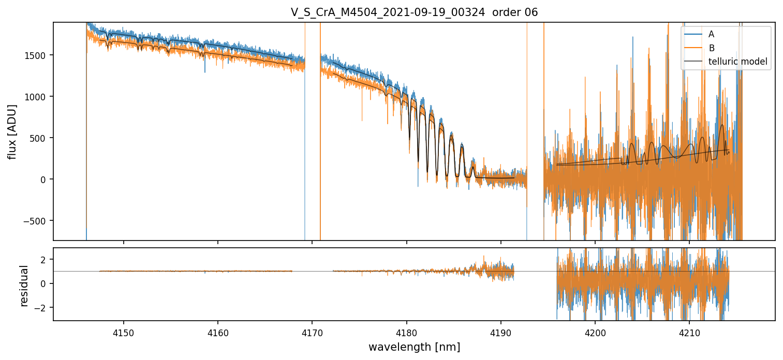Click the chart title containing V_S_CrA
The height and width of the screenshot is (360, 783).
click(414, 12)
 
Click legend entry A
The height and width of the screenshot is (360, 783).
click(711, 34)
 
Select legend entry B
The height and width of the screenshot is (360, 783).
click(711, 48)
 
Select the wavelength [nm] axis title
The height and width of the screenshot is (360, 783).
click(414, 347)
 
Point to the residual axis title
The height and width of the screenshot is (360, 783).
click(24, 285)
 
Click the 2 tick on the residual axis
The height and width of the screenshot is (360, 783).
click(46, 259)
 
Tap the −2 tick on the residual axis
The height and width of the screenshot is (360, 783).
click(43, 308)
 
